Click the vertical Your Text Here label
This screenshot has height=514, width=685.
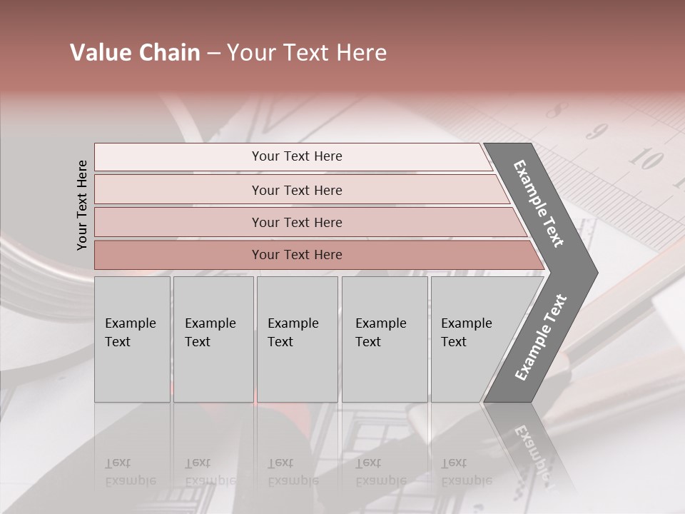82,206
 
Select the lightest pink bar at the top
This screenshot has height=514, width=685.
297,156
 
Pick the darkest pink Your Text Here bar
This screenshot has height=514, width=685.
297,255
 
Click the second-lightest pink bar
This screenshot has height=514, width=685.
297,191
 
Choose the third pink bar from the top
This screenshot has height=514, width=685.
297,223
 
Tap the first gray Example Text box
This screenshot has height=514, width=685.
132,338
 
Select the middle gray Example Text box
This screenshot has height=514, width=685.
297,338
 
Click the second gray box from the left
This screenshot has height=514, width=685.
213,338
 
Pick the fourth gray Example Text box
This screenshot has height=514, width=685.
385,338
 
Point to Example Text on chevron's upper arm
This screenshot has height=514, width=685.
539,203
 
